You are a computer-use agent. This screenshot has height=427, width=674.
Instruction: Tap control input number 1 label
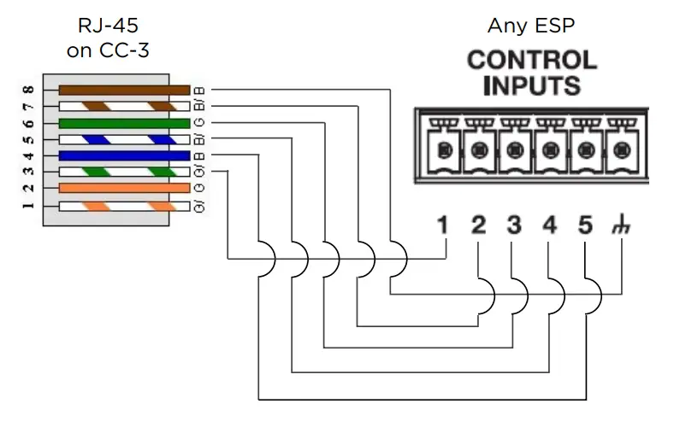pyautogui.click(x=442, y=226)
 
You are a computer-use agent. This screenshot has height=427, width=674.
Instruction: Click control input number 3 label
pyautogui.click(x=513, y=226)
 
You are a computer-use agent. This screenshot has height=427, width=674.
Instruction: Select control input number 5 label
pyautogui.click(x=585, y=226)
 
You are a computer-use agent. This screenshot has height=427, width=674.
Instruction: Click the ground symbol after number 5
pyautogui.click(x=618, y=227)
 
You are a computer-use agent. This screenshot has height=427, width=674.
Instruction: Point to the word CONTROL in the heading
pyautogui.click(x=531, y=61)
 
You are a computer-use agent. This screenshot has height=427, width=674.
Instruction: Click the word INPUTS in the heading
pyautogui.click(x=531, y=85)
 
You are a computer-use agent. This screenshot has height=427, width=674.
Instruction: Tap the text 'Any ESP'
pyautogui.click(x=530, y=26)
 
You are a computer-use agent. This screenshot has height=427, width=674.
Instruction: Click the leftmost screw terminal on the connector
pyautogui.click(x=442, y=151)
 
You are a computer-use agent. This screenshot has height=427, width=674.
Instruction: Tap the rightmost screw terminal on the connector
pyautogui.click(x=621, y=151)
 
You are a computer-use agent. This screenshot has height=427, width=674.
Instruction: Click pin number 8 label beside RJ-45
pyautogui.click(x=27, y=90)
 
